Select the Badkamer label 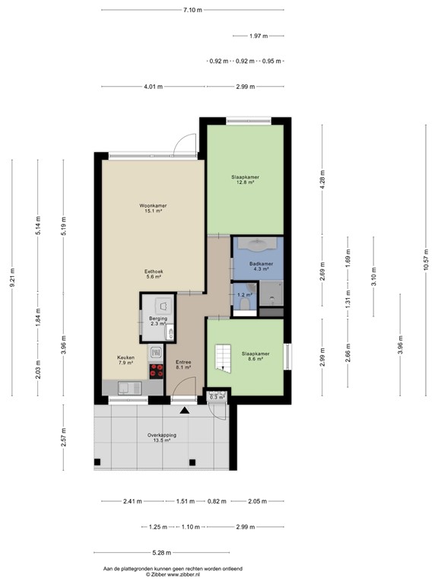pyautogui.click(x=252, y=263)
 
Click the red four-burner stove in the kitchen pyautogui.click(x=156, y=370)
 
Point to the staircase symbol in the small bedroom pyautogui.click(x=224, y=356)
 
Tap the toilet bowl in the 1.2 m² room pyautogui.click(x=244, y=305)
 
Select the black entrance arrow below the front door pyautogui.click(x=184, y=410)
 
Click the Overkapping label pyautogui.click(x=162, y=435)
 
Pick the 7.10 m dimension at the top pyautogui.click(x=193, y=10)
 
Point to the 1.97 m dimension pyautogui.click(x=259, y=36)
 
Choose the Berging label pyautogui.click(x=157, y=319)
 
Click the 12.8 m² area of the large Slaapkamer pyautogui.click(x=245, y=182)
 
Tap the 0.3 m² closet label pyautogui.click(x=217, y=397)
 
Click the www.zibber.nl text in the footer pyautogui.click(x=180, y=574)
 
